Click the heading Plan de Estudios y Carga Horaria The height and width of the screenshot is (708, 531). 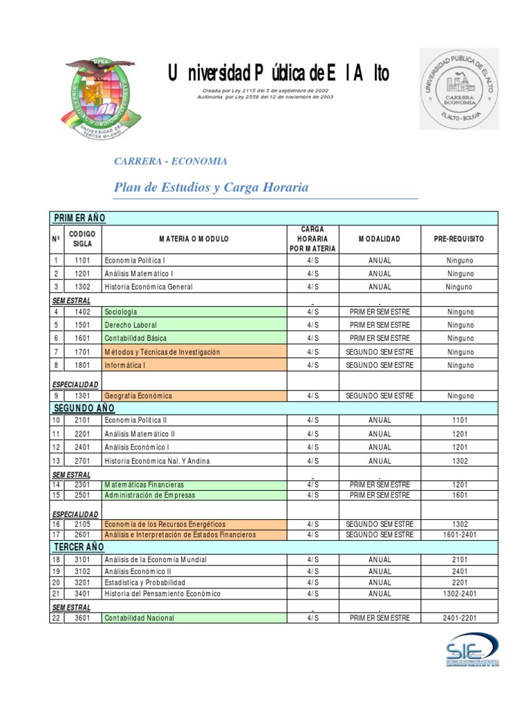pyautogui.click(x=211, y=187)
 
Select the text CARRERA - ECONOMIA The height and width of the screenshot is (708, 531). pyautogui.click(x=170, y=161)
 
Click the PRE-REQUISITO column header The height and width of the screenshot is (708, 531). pyautogui.click(x=459, y=239)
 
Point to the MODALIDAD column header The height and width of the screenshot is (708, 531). pyautogui.click(x=379, y=239)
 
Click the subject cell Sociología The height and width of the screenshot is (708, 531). pyautogui.click(x=122, y=312)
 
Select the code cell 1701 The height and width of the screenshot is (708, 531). pyautogui.click(x=82, y=352)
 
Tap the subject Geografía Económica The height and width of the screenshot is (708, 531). pyautogui.click(x=138, y=396)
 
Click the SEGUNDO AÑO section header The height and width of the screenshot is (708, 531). pyautogui.click(x=83, y=408)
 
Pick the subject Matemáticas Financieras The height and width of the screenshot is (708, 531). pyautogui.click(x=144, y=485)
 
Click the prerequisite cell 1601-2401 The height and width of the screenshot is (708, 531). pyautogui.click(x=459, y=534)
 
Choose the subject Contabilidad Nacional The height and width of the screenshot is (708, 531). pyautogui.click(x=140, y=618)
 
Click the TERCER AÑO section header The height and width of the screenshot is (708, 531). pyautogui.click(x=79, y=547)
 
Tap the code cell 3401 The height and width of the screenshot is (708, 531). pyautogui.click(x=82, y=594)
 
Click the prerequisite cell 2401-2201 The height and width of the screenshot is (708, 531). pyautogui.click(x=459, y=618)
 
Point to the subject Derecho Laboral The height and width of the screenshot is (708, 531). pyautogui.click(x=131, y=325)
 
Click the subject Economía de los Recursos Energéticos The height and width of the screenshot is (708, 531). pyautogui.click(x=165, y=525)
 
